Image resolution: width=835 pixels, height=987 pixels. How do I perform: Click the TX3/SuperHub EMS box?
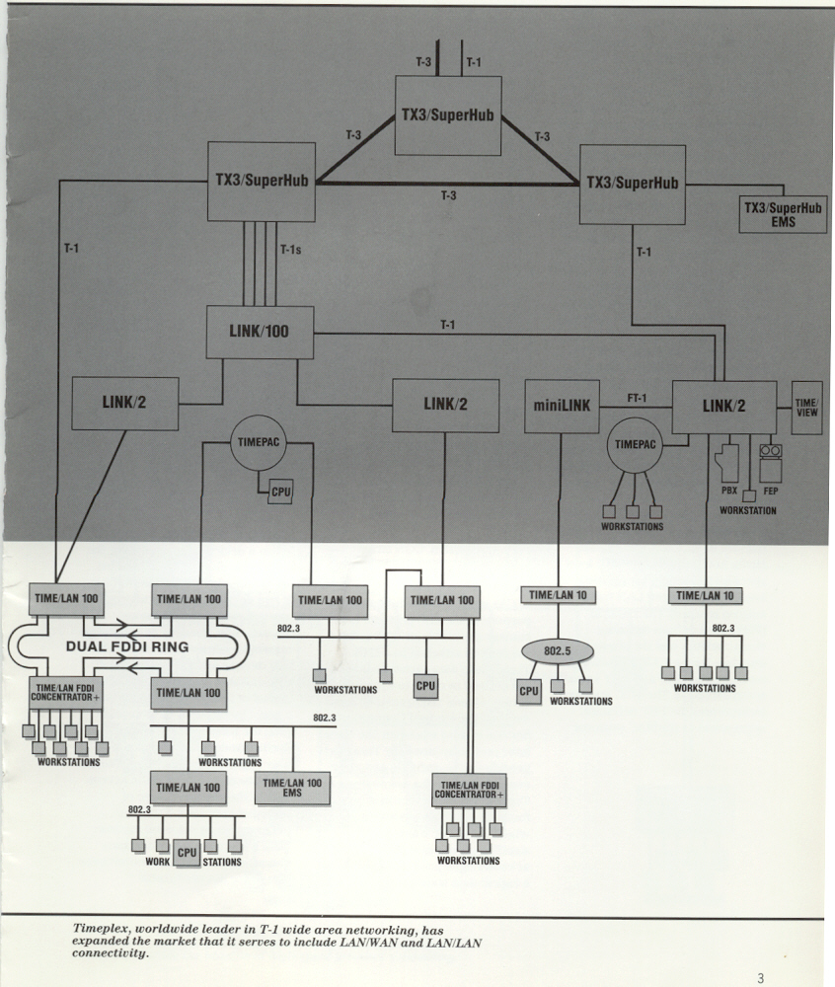(x=783, y=214)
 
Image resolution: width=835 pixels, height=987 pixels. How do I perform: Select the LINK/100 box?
(x=260, y=332)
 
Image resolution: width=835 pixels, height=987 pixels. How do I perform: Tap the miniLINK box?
(x=562, y=406)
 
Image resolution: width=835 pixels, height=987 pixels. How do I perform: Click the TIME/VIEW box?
(x=806, y=408)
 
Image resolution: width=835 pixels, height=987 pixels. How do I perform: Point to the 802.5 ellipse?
(x=559, y=652)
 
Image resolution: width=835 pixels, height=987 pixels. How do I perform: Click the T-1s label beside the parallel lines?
(x=291, y=250)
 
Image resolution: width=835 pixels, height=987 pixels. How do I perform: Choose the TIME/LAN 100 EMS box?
(x=292, y=788)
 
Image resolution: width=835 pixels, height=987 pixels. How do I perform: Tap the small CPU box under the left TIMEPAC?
(x=280, y=491)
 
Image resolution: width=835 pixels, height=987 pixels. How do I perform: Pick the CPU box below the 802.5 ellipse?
(x=529, y=691)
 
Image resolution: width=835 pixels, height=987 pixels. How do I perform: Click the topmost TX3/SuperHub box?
(x=448, y=114)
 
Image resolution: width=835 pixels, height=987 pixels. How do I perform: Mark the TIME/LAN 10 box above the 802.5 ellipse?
(x=558, y=595)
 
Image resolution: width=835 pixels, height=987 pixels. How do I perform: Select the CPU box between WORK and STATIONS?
(x=187, y=852)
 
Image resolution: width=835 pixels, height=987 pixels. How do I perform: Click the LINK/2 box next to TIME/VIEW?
(x=723, y=407)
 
